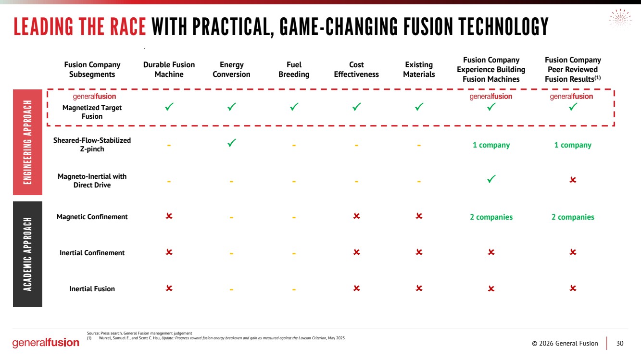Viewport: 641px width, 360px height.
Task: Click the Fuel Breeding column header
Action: [x=294, y=70]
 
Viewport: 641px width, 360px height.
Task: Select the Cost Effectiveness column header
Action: [x=356, y=70]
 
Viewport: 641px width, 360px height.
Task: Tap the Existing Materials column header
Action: [x=419, y=70]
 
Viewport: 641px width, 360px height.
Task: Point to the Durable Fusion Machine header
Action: [x=169, y=70]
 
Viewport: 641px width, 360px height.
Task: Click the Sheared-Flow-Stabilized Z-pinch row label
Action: [x=92, y=145]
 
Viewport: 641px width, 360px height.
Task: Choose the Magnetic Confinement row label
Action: [x=92, y=217]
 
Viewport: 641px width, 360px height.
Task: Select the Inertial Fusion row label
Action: [x=92, y=289]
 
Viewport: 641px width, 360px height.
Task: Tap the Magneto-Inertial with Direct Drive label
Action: [x=92, y=181]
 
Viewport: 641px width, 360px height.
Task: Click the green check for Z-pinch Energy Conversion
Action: [x=231, y=143]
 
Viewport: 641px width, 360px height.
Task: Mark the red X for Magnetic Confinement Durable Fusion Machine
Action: [x=169, y=216]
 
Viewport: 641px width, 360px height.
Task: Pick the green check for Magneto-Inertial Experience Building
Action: [x=491, y=179]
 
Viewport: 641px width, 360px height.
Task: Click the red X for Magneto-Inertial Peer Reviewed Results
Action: [x=573, y=180]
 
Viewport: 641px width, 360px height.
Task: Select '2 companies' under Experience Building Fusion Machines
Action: [x=491, y=217]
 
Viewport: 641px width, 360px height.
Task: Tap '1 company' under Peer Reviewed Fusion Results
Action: [x=573, y=145]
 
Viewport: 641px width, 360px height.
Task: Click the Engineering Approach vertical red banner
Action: [x=27, y=142]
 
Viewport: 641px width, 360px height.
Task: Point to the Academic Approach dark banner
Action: [x=27, y=254]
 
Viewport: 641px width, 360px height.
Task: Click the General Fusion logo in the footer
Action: [x=46, y=343]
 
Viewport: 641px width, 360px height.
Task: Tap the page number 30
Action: [x=620, y=343]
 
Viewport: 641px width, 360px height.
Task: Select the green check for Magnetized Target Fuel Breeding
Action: [x=294, y=107]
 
